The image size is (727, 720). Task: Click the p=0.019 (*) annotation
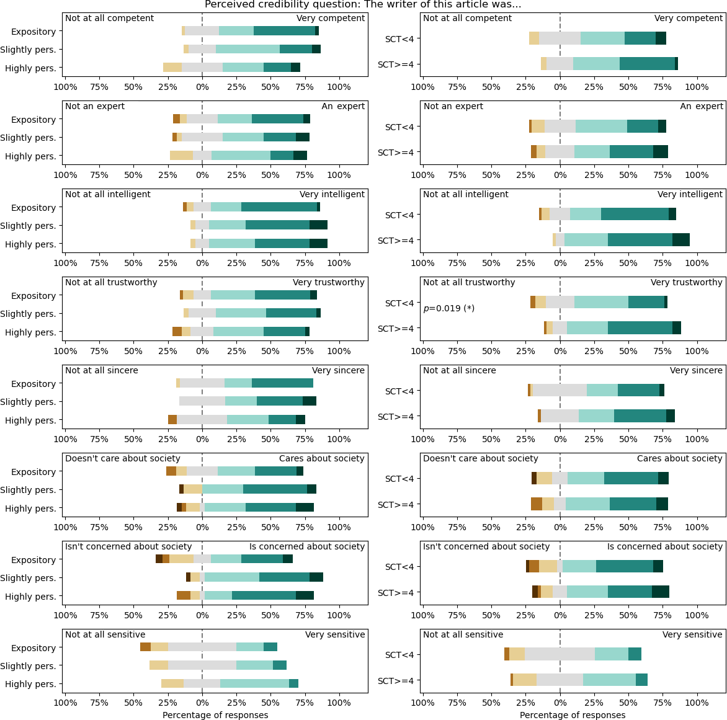[448, 308]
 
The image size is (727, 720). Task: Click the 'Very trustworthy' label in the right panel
[686, 282]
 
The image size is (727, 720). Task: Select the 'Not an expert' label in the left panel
[95, 106]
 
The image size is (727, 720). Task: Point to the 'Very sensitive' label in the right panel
[692, 634]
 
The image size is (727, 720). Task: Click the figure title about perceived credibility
[363, 5]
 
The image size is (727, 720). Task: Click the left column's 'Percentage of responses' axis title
[215, 715]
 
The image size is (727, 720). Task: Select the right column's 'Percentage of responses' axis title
[573, 715]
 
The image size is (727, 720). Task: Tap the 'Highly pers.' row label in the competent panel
[30, 68]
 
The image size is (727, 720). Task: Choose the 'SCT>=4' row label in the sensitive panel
[395, 680]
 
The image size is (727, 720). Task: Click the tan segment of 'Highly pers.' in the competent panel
[172, 68]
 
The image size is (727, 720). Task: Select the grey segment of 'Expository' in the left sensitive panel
[202, 647]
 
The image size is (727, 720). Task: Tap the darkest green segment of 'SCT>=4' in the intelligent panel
[681, 240]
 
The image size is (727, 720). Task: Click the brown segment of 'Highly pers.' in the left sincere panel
[172, 420]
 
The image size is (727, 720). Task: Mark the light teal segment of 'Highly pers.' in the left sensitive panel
[254, 683]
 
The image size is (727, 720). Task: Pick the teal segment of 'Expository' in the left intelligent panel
[279, 207]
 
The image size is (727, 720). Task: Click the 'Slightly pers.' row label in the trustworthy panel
[28, 314]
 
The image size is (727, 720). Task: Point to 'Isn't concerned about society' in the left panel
[128, 546]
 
